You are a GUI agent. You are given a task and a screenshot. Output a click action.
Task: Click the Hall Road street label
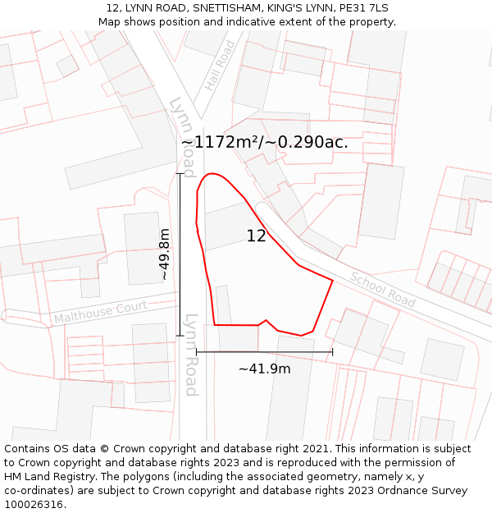pyautogui.click(x=220, y=66)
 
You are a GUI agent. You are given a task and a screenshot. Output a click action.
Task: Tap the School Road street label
pyautogui.click(x=382, y=289)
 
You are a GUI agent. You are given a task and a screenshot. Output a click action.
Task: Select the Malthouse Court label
pyautogui.click(x=100, y=312)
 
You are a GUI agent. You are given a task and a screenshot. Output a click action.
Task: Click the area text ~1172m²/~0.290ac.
pyautogui.click(x=264, y=142)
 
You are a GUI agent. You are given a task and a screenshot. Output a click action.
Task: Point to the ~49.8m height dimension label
pyautogui.click(x=164, y=254)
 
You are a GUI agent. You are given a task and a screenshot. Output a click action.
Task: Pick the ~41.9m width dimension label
pyautogui.click(x=264, y=369)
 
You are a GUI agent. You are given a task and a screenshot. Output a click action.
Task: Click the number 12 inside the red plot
pyautogui.click(x=256, y=236)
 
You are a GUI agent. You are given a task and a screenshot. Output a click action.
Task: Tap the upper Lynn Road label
pyautogui.click(x=182, y=136)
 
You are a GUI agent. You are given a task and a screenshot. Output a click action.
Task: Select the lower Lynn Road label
pyautogui.click(x=191, y=355)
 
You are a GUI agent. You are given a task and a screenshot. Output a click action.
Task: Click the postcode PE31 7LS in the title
pyautogui.click(x=361, y=8)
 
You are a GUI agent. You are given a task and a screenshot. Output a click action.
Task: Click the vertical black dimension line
pyautogui.click(x=180, y=254)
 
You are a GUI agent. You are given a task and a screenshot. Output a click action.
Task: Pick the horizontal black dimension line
pyautogui.click(x=264, y=352)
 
